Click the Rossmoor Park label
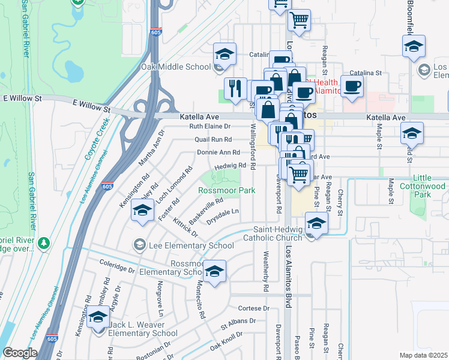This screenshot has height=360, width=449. tap(227, 190)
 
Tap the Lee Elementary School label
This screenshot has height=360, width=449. tap(191, 245)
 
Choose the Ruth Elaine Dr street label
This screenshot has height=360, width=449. tap(210, 127)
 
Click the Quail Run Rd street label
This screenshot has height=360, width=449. tap(213, 139)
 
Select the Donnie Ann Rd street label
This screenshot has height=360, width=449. tap(218, 152)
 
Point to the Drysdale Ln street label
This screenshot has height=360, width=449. tap(223, 212)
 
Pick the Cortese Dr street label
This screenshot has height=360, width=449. tap(255, 308)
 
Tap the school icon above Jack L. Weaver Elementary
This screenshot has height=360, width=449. tap(99, 317)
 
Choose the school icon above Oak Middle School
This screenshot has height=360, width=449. tap(224, 55)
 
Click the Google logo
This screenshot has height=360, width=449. tap(20, 353)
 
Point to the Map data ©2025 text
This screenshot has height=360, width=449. tap(423, 355)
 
